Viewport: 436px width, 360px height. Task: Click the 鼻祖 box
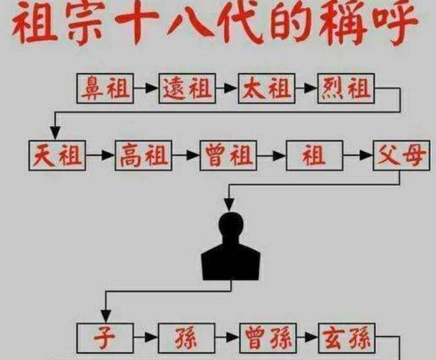(105, 89)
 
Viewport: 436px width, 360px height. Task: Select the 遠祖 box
(187, 89)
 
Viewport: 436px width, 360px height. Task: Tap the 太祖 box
(266, 89)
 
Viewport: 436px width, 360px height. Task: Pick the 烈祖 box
(346, 89)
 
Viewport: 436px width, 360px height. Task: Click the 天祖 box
(57, 155)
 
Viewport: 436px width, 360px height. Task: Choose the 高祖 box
(144, 155)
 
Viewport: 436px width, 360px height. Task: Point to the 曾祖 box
(228, 155)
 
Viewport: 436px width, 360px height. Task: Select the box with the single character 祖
(315, 155)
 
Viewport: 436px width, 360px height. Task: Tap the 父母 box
(401, 155)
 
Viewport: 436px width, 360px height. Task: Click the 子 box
(105, 338)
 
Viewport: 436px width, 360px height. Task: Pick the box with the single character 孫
(187, 338)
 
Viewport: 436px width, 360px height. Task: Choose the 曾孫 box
(268, 338)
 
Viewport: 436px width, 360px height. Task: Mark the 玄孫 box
(347, 338)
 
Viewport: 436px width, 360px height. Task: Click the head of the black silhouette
(231, 226)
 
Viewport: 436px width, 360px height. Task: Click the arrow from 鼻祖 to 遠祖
(146, 89)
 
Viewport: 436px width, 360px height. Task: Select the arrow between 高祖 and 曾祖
(186, 155)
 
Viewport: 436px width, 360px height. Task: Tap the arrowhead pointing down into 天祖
(55, 133)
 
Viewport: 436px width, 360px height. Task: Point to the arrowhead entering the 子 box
(106, 316)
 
